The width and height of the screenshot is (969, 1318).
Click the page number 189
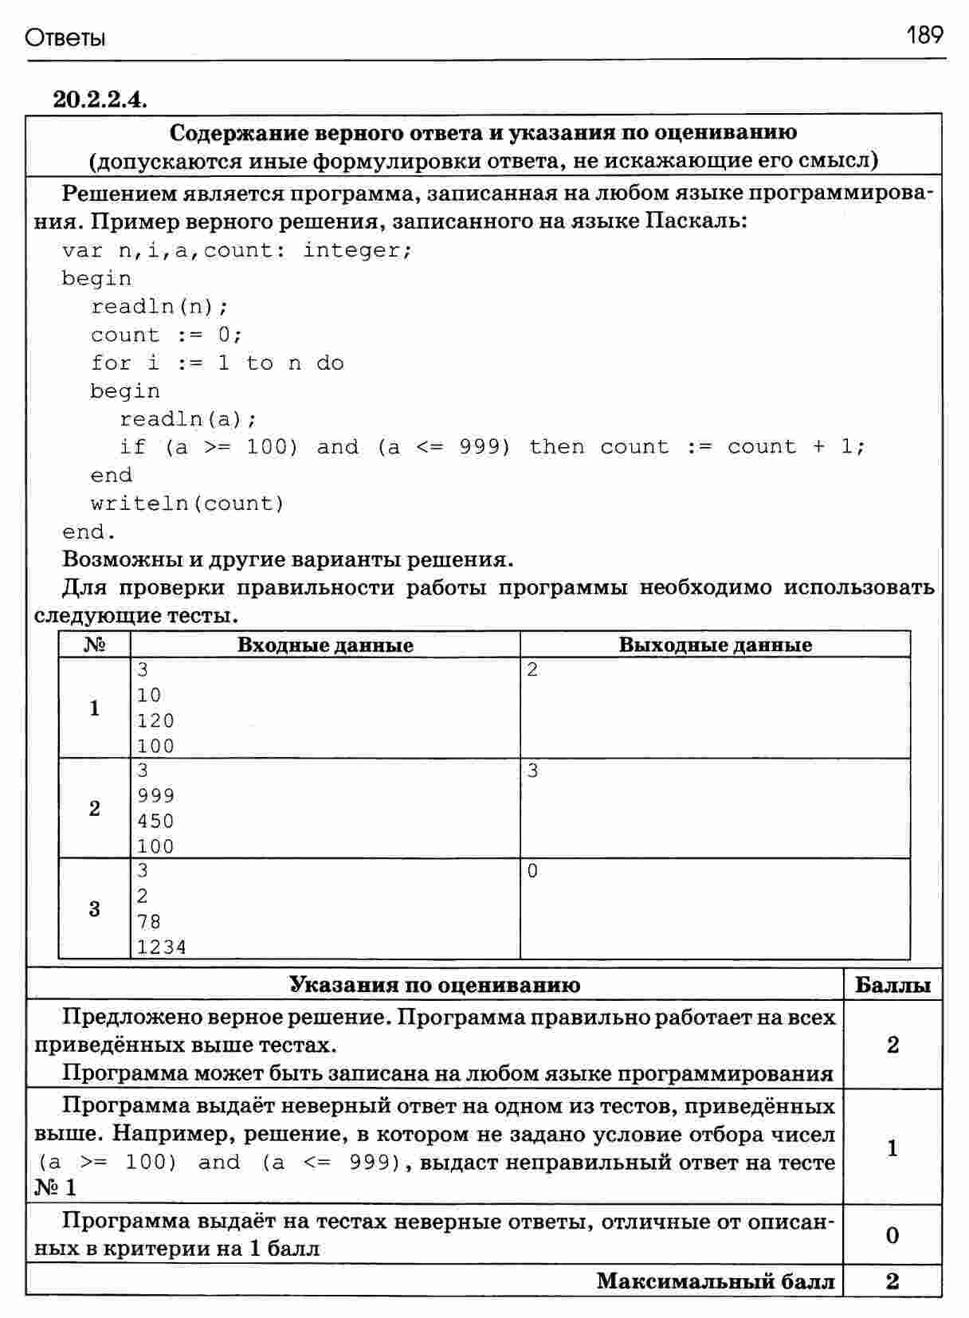coord(924,35)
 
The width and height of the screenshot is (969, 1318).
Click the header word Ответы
coord(65,37)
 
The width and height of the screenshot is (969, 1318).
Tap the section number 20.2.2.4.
coord(100,100)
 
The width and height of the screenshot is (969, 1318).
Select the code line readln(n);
coord(159,307)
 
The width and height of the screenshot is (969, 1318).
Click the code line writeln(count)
coord(187,504)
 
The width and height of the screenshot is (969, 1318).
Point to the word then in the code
coord(556,447)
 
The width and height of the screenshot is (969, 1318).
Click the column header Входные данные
coord(325,645)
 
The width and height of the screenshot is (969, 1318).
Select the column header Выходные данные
coord(715,645)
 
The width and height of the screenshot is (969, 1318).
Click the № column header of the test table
coord(94,645)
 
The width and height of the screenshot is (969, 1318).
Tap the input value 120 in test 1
coord(155,721)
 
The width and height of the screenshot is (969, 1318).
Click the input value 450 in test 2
coord(155,822)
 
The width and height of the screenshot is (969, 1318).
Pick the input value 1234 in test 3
coord(162,947)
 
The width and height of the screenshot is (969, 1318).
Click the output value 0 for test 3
coord(533,872)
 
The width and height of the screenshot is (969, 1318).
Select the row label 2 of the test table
coord(95,809)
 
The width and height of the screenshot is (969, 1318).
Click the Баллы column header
coord(892,986)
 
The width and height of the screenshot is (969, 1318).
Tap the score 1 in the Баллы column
coord(892,1148)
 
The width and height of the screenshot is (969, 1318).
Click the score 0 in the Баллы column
coord(892,1235)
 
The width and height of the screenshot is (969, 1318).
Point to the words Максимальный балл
coord(716,1281)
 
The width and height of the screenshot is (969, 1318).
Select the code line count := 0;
coord(166,335)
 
